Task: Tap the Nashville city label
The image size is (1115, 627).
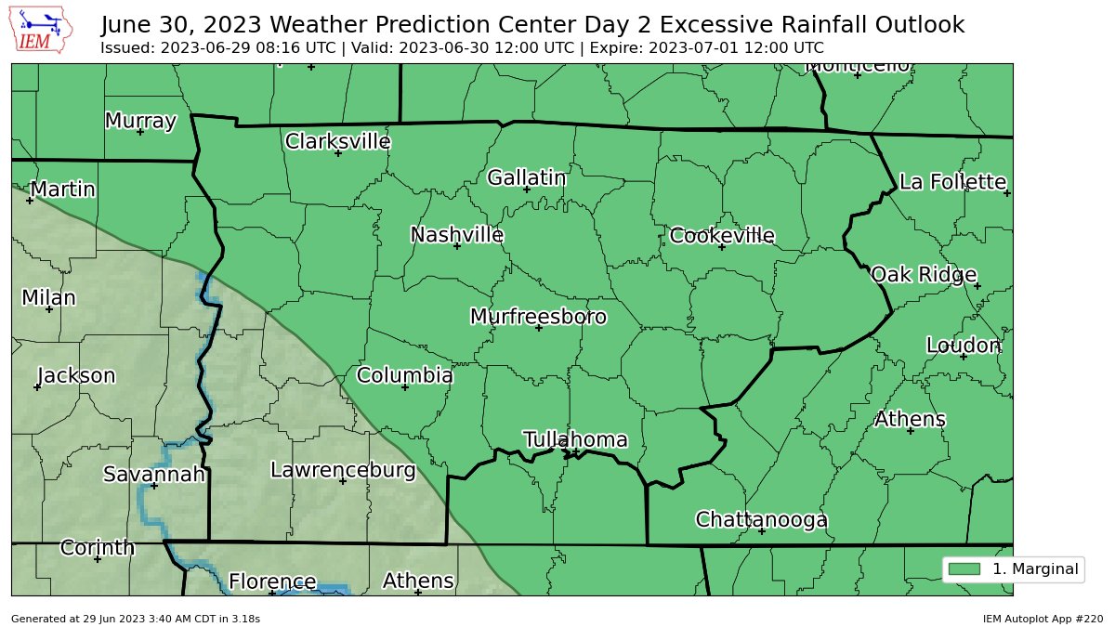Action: [457, 235]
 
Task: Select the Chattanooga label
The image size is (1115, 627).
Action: [761, 520]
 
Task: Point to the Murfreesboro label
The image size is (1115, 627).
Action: [538, 317]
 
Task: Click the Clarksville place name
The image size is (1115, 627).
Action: [337, 142]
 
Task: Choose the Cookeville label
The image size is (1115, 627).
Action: [722, 236]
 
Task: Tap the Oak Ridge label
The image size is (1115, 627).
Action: [923, 275]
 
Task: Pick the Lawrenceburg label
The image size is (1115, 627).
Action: [342, 470]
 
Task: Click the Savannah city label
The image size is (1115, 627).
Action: [153, 475]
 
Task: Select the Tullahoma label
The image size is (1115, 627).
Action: [575, 440]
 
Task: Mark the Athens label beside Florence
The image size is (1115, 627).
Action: [418, 581]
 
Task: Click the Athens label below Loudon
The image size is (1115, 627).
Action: [910, 420]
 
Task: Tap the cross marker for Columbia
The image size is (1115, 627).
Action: [405, 386]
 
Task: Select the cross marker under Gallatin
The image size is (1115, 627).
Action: [527, 189]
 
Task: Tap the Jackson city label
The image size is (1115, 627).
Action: [76, 376]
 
